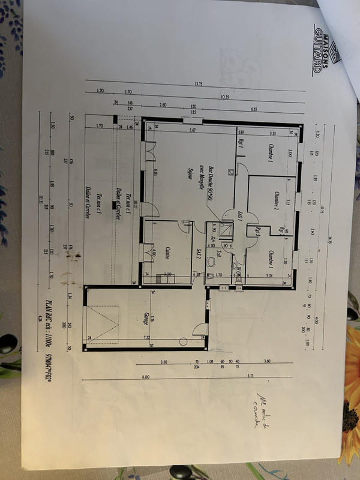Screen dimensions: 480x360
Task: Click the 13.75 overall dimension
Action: point(197,83)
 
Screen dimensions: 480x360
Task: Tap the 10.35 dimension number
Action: point(224,96)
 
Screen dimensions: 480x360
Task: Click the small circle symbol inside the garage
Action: point(184,342)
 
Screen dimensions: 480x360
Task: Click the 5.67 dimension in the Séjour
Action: point(192,130)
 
